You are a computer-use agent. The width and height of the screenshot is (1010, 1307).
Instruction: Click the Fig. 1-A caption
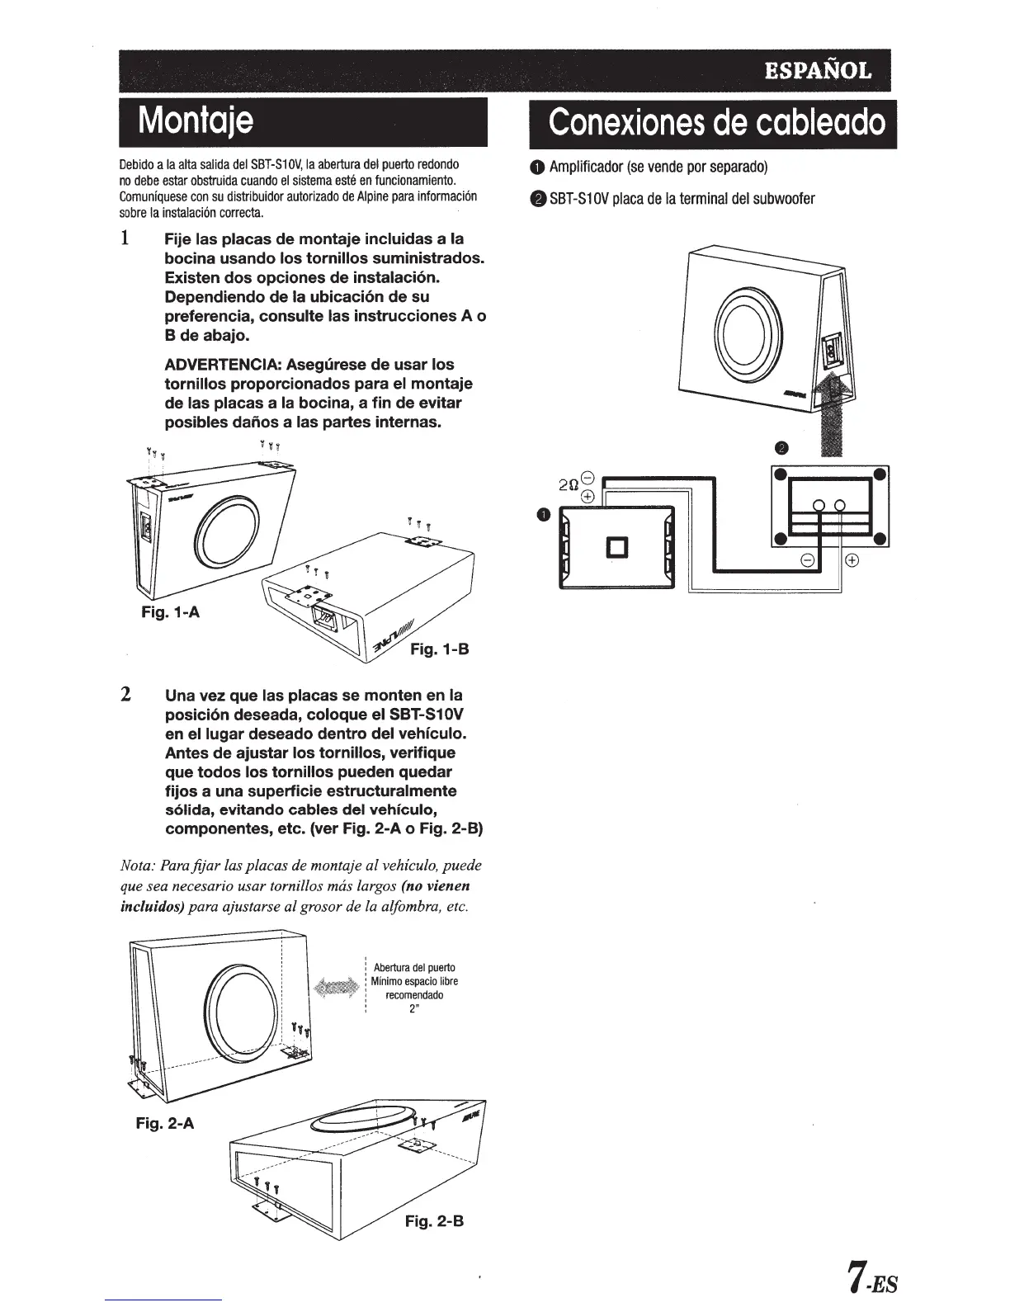(170, 612)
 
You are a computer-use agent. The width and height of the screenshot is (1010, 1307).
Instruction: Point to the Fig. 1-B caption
(439, 649)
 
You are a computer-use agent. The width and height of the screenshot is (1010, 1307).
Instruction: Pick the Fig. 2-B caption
(434, 1220)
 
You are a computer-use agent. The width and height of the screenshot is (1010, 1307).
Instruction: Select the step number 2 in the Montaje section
(125, 694)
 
